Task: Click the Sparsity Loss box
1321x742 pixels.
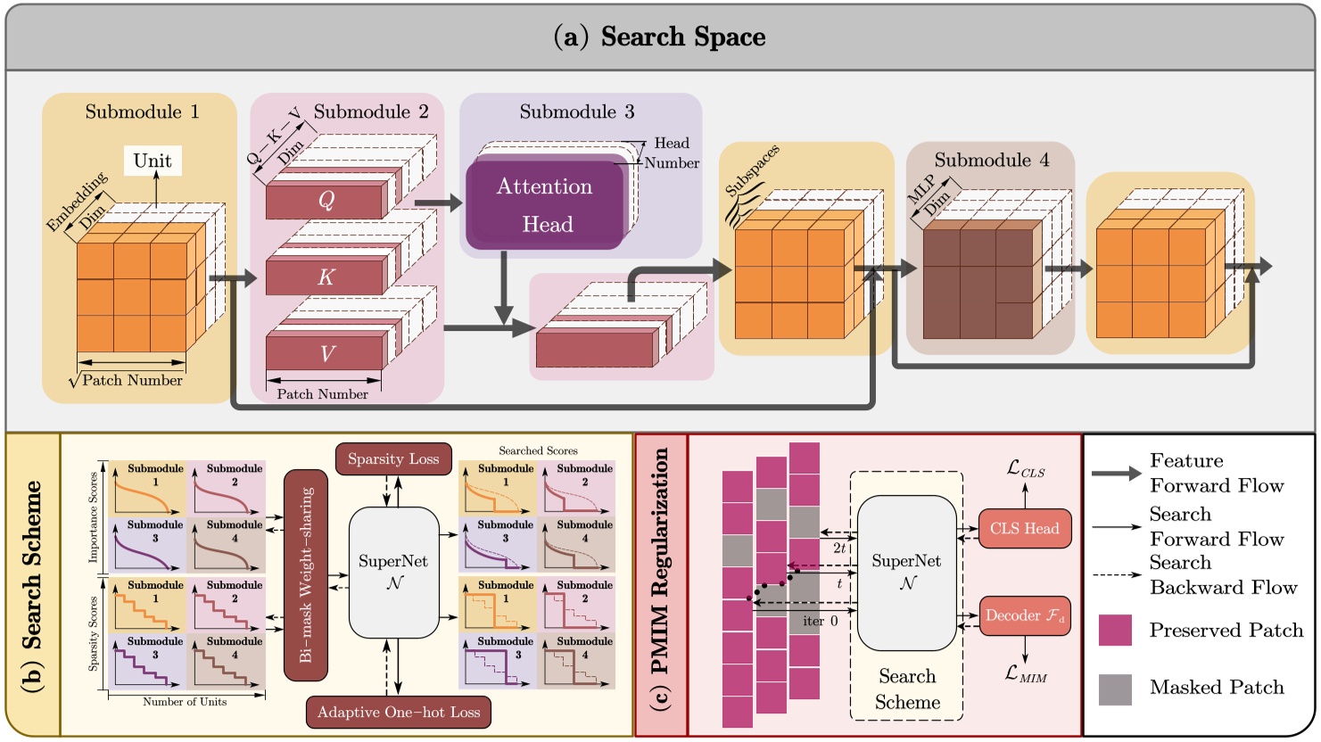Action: click(393, 459)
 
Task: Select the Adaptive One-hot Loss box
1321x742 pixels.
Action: click(399, 712)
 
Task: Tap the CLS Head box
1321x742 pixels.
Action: click(1024, 529)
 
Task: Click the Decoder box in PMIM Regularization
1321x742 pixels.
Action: click(1024, 615)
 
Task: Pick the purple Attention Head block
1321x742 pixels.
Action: click(545, 204)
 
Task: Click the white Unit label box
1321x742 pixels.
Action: click(153, 161)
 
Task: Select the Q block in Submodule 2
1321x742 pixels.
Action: click(326, 201)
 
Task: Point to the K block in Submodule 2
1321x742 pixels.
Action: click(326, 277)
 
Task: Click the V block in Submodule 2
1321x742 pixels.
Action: click(326, 353)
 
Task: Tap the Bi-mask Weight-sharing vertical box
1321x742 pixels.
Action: click(306, 575)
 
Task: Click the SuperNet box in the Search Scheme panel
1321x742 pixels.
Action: click(393, 572)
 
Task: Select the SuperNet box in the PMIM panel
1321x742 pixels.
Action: click(906, 572)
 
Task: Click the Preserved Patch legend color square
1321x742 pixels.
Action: click(1115, 630)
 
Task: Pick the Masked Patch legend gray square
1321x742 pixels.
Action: click(1115, 688)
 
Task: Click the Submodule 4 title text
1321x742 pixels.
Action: click(991, 161)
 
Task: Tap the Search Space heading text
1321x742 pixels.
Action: click(660, 37)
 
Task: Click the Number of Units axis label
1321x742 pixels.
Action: click(185, 702)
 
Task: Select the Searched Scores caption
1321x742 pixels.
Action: click(538, 450)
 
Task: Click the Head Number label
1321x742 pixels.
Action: click(672, 153)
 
